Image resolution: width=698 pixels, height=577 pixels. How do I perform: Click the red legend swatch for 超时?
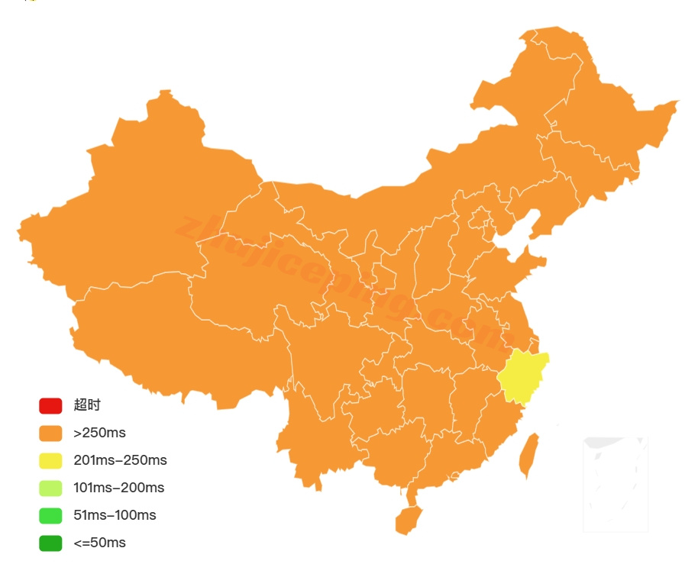coord(50,405)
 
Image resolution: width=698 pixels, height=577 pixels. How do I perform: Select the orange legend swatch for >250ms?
coord(50,433)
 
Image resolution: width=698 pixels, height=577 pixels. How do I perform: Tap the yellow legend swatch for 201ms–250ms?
coord(50,460)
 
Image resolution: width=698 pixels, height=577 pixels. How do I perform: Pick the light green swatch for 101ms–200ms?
coord(50,488)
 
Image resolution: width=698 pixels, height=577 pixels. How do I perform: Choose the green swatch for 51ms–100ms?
coord(50,515)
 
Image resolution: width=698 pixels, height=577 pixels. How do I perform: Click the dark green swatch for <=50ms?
coord(50,543)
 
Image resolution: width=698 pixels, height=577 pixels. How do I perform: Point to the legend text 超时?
coord(87,405)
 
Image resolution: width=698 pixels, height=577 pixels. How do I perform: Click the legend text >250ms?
coord(99,433)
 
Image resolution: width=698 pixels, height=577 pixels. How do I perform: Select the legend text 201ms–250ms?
coord(120,460)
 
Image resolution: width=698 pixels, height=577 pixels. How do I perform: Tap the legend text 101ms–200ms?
coord(118,488)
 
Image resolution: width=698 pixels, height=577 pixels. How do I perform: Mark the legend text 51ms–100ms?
coord(115,515)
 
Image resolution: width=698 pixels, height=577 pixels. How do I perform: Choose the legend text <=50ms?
coord(99,543)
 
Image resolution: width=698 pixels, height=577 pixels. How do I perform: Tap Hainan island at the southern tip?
coord(408,520)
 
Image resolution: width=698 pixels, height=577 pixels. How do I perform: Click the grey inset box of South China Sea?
coord(616,484)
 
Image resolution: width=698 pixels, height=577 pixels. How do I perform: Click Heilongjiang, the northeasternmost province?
coord(603,114)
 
